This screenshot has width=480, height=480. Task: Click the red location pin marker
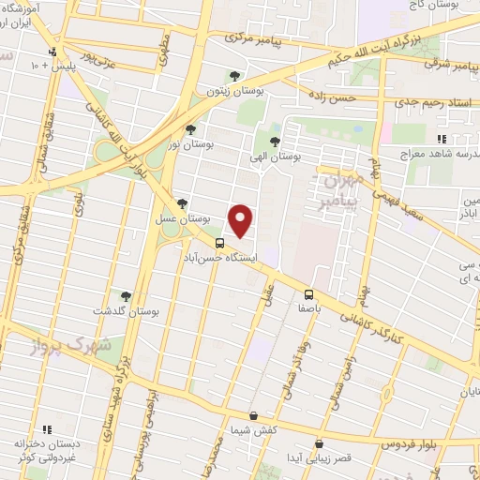click(241, 221)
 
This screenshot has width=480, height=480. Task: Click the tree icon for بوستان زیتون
click(234, 77)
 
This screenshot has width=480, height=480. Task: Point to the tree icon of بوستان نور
click(190, 130)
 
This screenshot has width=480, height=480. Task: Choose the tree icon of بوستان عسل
click(182, 203)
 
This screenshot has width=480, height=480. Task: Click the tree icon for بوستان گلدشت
click(126, 295)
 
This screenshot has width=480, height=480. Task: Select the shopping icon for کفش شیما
click(253, 415)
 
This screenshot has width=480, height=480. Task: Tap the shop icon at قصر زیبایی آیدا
click(320, 444)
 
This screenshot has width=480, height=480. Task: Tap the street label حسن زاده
click(335, 96)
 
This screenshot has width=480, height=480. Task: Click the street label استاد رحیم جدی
click(430, 101)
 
